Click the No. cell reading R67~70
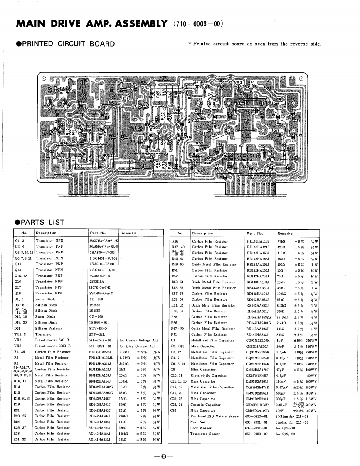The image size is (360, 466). click(x=178, y=328)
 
